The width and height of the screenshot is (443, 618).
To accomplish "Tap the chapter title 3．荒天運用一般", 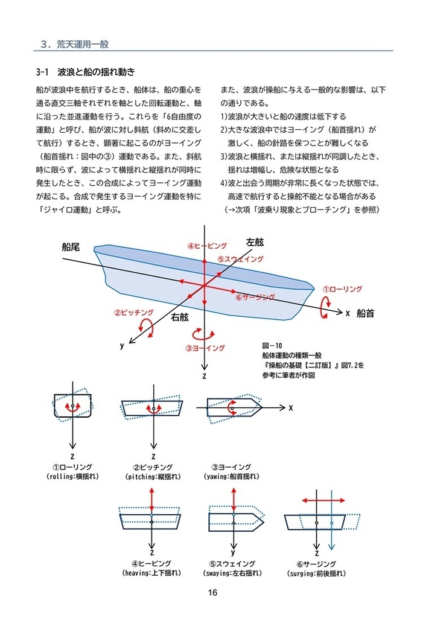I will click(x=74, y=44).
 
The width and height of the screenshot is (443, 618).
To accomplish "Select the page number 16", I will click(x=212, y=593).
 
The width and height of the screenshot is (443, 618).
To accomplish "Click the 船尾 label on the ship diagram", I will click(x=71, y=247).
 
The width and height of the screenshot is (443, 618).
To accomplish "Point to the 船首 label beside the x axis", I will click(x=366, y=313).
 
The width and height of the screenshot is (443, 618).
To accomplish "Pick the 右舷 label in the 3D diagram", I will click(x=180, y=316).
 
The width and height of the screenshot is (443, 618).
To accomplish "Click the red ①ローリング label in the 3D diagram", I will click(x=342, y=289).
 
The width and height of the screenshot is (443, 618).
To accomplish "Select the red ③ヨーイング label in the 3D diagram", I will click(x=205, y=348).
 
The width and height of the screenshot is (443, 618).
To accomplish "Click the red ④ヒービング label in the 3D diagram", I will click(x=207, y=246).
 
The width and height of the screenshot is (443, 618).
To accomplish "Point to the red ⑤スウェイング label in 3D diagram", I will click(x=240, y=259).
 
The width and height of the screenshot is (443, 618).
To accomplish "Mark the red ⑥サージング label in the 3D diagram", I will click(x=255, y=298).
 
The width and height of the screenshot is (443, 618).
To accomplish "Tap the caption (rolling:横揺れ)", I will click(x=72, y=476).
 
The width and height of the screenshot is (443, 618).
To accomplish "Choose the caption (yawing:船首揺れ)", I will click(x=232, y=476).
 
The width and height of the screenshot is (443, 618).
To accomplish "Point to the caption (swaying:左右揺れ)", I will click(x=232, y=572).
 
